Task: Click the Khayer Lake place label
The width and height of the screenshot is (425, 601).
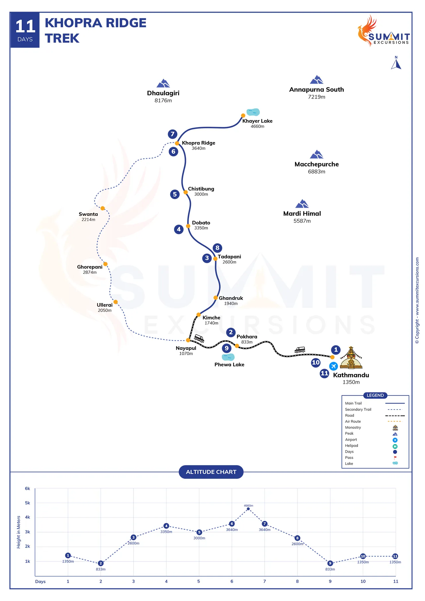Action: (257, 121)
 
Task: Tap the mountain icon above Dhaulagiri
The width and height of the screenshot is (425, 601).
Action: (163, 83)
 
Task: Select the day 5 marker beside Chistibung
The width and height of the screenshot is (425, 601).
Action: (175, 194)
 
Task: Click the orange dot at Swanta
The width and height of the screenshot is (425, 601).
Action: (103, 208)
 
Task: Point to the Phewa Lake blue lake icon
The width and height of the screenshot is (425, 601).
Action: (228, 357)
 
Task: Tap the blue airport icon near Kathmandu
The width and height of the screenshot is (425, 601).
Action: (333, 366)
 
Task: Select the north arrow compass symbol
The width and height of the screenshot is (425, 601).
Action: (396, 63)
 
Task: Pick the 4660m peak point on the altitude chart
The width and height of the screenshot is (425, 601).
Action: (248, 509)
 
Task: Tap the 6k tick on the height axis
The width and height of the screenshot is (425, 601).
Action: (28, 488)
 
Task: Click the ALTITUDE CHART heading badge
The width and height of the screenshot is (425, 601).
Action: (211, 472)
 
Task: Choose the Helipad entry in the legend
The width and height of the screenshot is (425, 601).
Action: (352, 446)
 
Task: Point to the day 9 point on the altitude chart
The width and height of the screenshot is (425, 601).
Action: (330, 563)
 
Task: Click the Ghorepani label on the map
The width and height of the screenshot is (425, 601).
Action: (90, 267)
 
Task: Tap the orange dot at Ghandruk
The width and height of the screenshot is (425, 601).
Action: (215, 298)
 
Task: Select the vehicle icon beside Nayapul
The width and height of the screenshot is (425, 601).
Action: (199, 338)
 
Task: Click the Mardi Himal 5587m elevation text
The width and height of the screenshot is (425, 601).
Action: (302, 221)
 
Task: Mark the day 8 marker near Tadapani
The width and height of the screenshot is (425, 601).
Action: (217, 248)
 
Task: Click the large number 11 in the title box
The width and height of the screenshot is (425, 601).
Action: (25, 27)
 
